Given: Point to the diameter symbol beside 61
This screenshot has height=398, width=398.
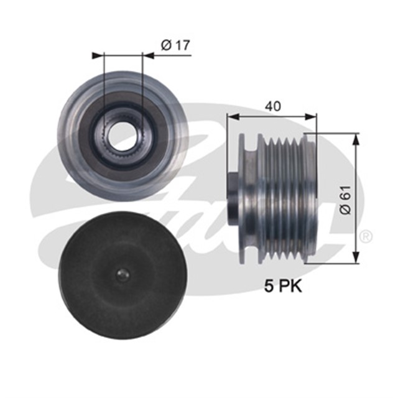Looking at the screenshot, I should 346,210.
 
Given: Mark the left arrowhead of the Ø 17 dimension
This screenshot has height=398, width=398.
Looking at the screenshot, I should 96,56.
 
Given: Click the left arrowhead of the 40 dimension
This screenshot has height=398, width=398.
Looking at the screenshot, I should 230,116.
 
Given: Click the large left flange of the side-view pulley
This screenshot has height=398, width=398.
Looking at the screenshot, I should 249,196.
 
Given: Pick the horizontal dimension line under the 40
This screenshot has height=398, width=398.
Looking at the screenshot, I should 271,116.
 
